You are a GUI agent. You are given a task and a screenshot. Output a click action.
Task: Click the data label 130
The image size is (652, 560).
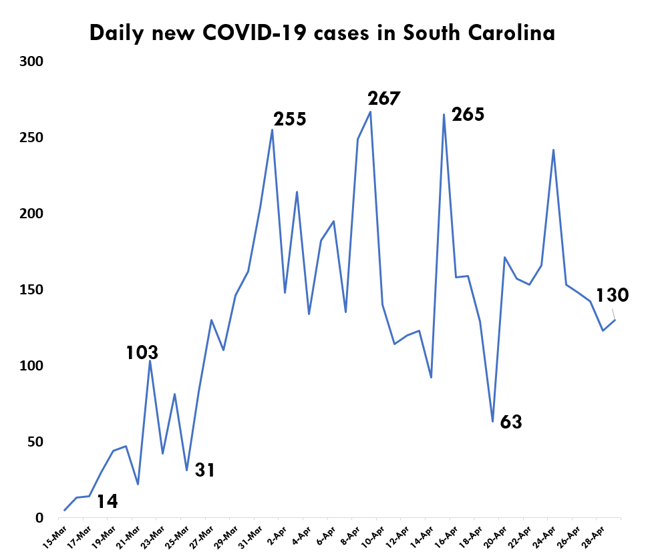click(x=612, y=295)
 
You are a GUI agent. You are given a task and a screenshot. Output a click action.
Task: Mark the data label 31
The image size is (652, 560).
click(x=204, y=470)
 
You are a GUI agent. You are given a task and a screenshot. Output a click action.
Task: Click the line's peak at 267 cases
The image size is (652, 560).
click(x=371, y=111)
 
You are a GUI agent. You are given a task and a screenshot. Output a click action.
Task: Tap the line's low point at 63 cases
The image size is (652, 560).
click(x=492, y=422)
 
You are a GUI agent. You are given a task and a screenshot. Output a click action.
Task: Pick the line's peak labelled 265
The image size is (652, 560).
click(x=444, y=114)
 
